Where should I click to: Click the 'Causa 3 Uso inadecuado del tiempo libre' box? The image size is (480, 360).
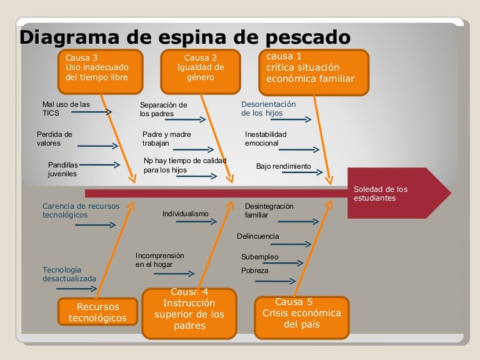(x=101, y=72)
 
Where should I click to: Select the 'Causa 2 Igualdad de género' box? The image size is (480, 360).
(x=201, y=72)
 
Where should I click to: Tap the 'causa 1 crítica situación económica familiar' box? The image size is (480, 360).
(x=314, y=72)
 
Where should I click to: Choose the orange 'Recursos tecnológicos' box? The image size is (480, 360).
(x=97, y=312)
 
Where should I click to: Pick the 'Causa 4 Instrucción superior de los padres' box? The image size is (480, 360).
(x=189, y=314)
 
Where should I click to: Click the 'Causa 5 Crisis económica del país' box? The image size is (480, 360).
(x=301, y=317)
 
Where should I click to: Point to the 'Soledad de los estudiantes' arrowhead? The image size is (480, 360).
(x=399, y=193)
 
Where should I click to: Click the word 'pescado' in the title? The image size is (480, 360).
(x=307, y=37)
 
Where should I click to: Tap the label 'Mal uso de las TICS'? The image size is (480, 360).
(x=66, y=109)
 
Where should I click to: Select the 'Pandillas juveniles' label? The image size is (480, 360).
(x=62, y=169)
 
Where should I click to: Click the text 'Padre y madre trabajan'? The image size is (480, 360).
(x=166, y=139)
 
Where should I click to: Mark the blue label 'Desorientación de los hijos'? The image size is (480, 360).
(x=269, y=109)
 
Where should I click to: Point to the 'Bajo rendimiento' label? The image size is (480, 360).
(x=284, y=166)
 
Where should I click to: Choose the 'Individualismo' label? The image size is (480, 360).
(x=185, y=214)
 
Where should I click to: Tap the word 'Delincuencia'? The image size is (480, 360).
(x=257, y=236)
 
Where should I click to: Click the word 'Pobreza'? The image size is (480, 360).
(x=255, y=271)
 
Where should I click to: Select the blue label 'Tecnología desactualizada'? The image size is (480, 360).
(x=69, y=274)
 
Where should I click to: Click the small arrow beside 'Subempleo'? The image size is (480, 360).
(x=287, y=263)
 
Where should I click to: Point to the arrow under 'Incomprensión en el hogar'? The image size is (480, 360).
(x=174, y=274)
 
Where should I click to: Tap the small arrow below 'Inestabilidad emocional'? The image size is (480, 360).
(x=299, y=150)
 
